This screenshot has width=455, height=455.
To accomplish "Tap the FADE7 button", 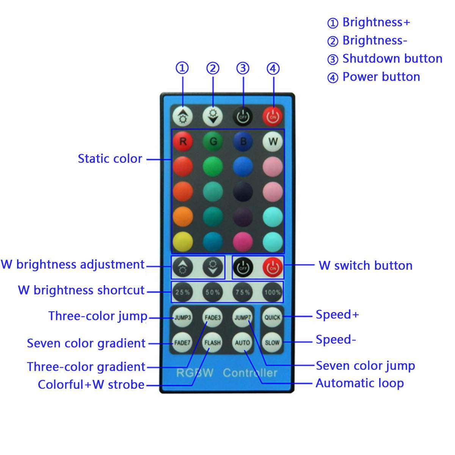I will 182,342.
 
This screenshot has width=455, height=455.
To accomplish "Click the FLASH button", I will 212,342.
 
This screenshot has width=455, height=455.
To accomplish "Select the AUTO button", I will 242,342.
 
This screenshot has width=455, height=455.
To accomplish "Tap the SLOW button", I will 272,342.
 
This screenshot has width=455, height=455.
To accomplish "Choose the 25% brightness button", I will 182,292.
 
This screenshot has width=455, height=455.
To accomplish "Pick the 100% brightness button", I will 273,292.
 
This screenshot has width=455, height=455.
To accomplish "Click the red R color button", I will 183,142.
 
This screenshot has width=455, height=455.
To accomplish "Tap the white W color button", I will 273,142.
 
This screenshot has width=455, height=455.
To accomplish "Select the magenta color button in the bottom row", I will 243,242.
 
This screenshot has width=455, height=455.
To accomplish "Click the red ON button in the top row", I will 273,116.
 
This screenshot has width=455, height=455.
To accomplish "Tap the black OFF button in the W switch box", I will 243,268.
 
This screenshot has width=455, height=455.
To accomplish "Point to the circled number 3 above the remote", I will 243,68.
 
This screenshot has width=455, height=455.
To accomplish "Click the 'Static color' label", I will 110,158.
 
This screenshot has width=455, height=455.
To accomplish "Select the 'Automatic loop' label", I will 359,383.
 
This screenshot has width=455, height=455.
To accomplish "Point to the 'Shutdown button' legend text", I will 392,59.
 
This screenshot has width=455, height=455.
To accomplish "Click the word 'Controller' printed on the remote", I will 250,373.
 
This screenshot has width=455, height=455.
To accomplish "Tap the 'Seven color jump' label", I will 365,366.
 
